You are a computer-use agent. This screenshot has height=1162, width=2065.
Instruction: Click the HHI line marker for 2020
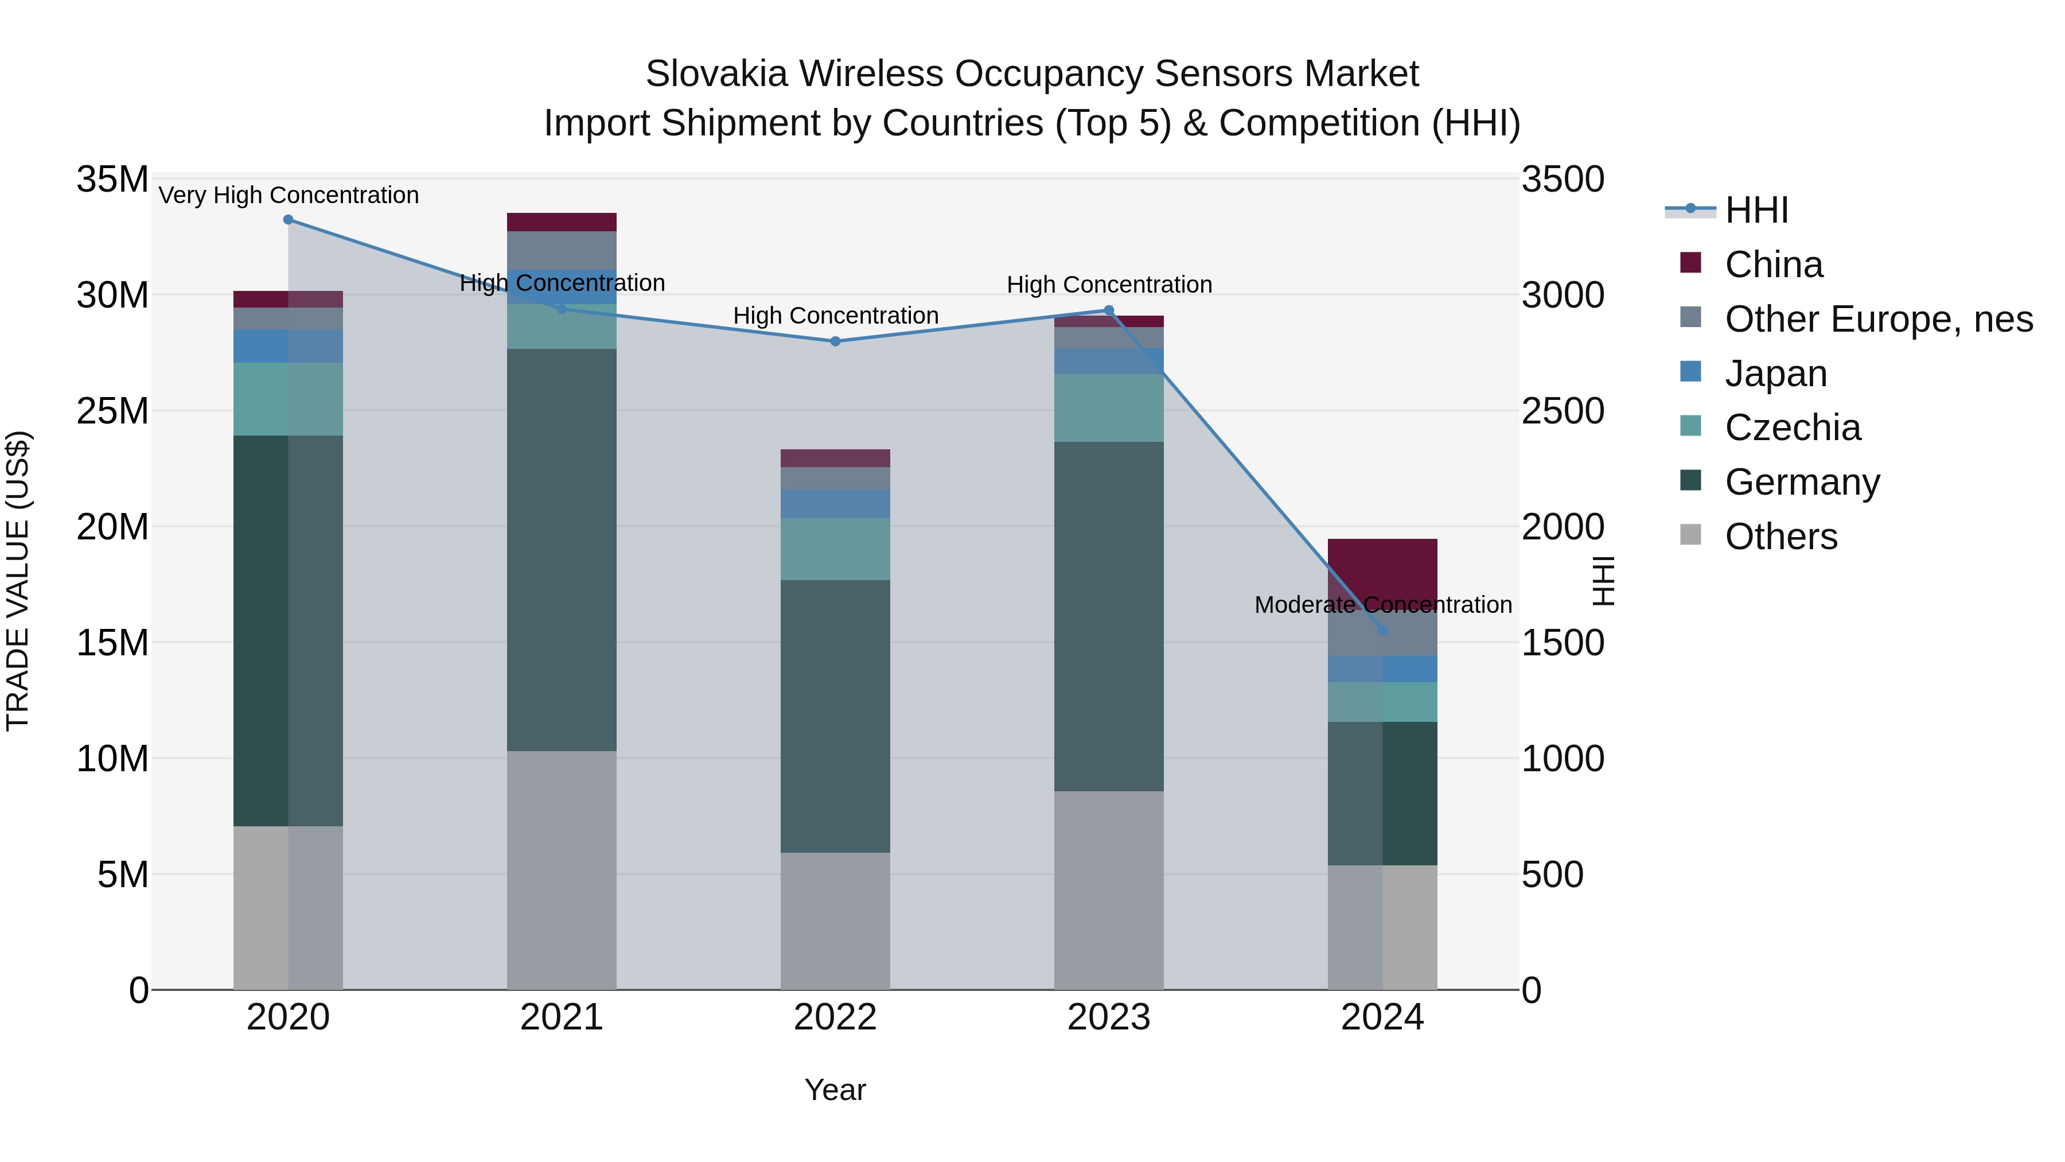tap(289, 220)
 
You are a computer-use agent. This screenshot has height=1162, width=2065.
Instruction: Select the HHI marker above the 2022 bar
tap(835, 341)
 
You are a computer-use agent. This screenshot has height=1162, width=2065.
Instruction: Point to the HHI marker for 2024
tap(1382, 631)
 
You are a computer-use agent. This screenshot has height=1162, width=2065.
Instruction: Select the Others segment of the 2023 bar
tap(1109, 890)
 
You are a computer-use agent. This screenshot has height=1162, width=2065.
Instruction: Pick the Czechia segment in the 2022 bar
tap(835, 549)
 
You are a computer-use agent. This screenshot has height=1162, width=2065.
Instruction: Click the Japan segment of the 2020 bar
tap(289, 345)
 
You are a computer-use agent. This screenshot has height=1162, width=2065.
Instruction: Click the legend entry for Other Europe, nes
tap(1878, 319)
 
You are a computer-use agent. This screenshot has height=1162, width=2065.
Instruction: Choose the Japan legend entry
tap(1775, 374)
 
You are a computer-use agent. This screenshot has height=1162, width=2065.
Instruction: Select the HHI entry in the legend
tap(1756, 210)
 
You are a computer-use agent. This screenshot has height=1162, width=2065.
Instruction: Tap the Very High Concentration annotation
tap(289, 196)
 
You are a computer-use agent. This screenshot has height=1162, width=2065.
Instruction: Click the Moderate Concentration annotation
tap(1383, 605)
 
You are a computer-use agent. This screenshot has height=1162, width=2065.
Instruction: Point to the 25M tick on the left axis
tap(112, 411)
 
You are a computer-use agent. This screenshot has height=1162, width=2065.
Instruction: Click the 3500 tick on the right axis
tap(1563, 180)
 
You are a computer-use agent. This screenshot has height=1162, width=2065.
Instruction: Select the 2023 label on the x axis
tap(1109, 1017)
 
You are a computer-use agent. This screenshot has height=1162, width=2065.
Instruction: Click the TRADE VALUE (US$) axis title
tap(18, 581)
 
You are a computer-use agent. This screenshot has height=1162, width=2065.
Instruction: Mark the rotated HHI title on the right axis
tap(1603, 581)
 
